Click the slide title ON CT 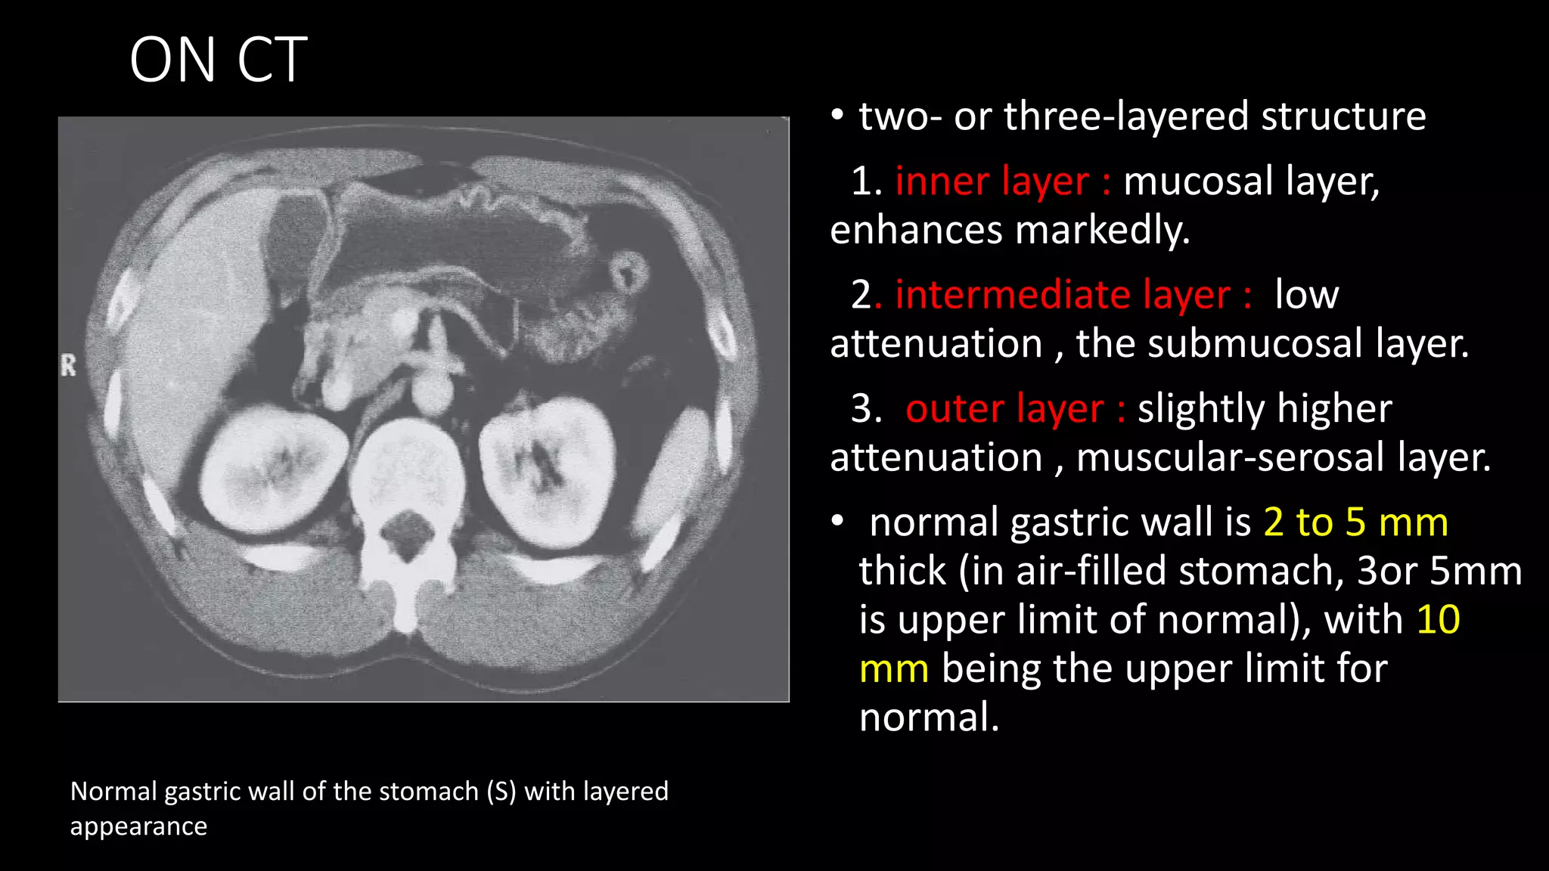pyautogui.click(x=218, y=60)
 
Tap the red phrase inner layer pyautogui.click(x=992, y=181)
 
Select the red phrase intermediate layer pyautogui.click(x=1063, y=295)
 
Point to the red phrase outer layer pyautogui.click(x=1004, y=409)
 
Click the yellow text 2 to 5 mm pyautogui.click(x=1355, y=522)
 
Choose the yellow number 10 pyautogui.click(x=1438, y=620)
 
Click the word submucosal pyautogui.click(x=1255, y=344)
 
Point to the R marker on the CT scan pyautogui.click(x=69, y=366)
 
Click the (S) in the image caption pyautogui.click(x=501, y=792)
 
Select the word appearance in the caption pyautogui.click(x=138, y=826)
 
